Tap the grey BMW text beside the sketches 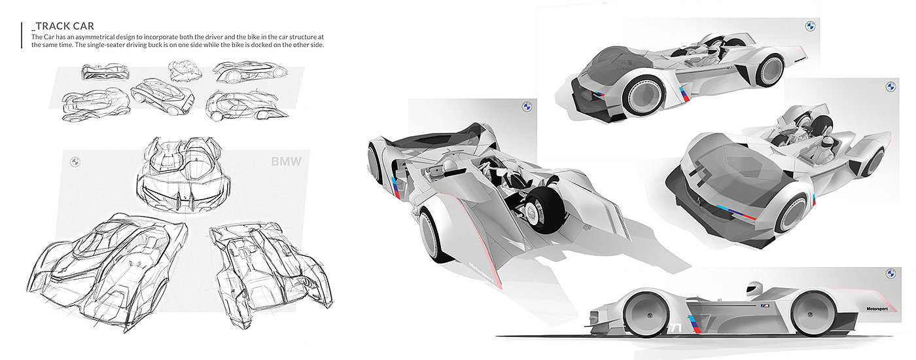click(286, 162)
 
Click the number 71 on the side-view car click(676, 327)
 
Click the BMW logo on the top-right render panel click(810, 27)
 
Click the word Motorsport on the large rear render click(481, 273)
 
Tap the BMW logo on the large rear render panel click(526, 107)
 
